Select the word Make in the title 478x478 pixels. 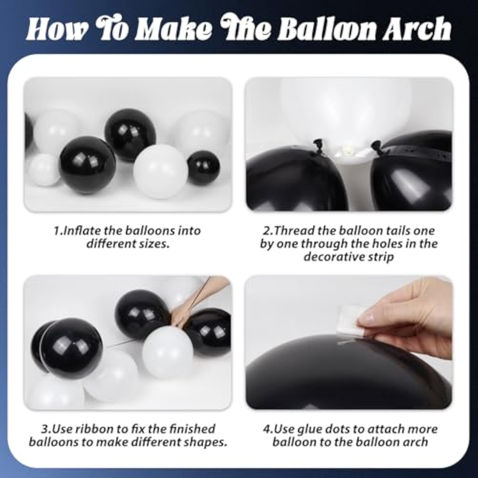pyautogui.click(x=174, y=29)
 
